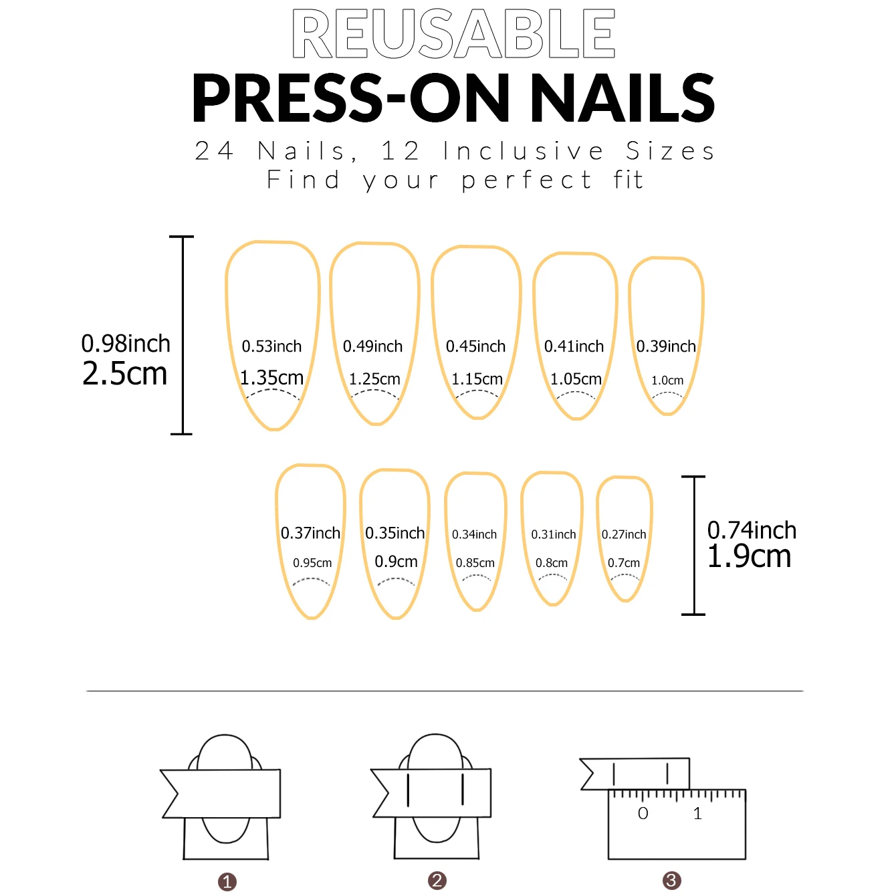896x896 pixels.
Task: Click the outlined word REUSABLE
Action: [453, 33]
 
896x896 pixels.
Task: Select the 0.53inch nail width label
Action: [271, 346]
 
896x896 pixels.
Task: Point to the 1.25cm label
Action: [374, 379]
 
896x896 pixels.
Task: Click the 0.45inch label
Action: [475, 346]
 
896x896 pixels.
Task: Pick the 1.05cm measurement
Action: [576, 379]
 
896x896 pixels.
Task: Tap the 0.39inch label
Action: [666, 346]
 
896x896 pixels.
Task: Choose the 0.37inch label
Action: [310, 533]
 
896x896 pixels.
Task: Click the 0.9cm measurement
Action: [396, 561]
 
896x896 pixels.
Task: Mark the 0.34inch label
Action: [474, 534]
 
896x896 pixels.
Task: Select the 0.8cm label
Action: [552, 563]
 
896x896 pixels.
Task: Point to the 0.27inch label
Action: [624, 534]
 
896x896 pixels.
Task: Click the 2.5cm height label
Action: [125, 374]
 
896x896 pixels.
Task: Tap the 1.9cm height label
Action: [749, 556]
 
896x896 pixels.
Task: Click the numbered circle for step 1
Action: [227, 882]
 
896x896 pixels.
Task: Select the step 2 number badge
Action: [437, 881]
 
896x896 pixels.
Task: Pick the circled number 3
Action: [671, 881]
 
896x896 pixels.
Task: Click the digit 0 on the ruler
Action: [643, 814]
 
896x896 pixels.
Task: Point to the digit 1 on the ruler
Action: [697, 814]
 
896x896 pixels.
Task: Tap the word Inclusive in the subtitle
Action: [523, 151]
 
